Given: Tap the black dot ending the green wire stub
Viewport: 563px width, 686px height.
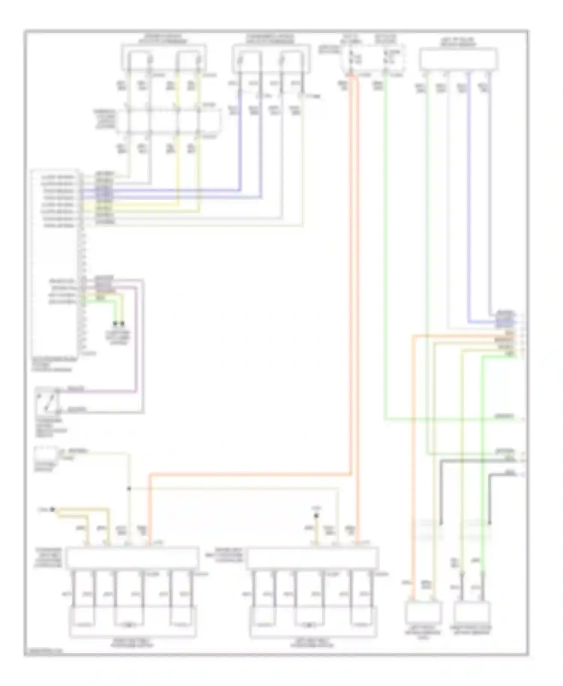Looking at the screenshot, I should (x=116, y=323).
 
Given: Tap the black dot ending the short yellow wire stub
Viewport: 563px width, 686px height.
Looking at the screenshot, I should (x=122, y=323).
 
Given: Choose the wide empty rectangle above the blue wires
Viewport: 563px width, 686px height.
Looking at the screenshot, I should (x=458, y=59).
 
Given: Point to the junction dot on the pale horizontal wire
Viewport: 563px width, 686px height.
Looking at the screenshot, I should (x=129, y=489).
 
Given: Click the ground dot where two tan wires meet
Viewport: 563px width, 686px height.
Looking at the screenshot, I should (x=53, y=510).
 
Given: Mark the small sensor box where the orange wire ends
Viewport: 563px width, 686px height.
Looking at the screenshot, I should (x=423, y=612).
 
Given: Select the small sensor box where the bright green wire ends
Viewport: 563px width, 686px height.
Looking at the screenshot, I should (x=472, y=612).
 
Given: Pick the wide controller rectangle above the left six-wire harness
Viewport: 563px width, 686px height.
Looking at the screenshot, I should (x=132, y=557).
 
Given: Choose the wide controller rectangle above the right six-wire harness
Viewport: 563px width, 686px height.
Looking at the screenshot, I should (x=312, y=557).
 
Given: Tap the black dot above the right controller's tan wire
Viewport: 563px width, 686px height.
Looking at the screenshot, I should (x=316, y=516).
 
